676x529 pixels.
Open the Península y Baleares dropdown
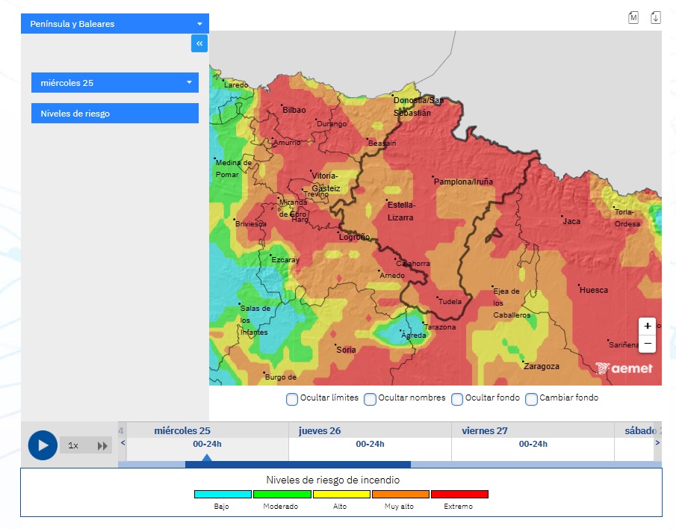point(114,24)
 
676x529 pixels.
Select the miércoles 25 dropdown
point(114,83)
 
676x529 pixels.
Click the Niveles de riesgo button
point(114,114)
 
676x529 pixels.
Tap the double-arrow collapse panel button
point(199,44)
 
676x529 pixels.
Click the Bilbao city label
point(294,110)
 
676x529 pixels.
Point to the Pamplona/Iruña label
point(463,182)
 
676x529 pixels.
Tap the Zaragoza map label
point(542,366)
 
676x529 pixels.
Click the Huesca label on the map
point(594,290)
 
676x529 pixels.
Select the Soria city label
point(346,350)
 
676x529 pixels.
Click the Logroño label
point(354,237)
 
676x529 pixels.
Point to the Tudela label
point(450,302)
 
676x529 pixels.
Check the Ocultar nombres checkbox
point(370,399)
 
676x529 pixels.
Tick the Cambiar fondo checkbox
point(532,399)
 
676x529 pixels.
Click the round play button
point(43,445)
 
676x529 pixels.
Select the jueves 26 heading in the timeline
point(320,431)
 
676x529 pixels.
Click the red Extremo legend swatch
point(459,494)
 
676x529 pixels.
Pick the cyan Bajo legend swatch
point(223,494)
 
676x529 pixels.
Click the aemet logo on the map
point(624,368)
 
